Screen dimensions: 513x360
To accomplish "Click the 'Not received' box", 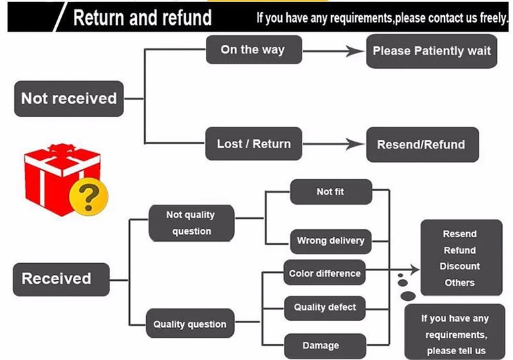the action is click(69, 99).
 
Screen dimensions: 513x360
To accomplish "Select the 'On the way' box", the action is click(254, 50).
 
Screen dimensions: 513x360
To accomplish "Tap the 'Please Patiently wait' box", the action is click(432, 51).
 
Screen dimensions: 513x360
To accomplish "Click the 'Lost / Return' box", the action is click(253, 144).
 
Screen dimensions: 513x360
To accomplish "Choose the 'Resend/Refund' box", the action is click(422, 145).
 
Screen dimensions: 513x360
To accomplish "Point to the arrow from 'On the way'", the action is click(333, 51).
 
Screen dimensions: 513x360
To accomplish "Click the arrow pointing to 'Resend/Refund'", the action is click(333, 144).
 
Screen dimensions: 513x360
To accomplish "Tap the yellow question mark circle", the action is click(89, 196).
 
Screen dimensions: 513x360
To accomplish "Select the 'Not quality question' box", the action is click(192, 223).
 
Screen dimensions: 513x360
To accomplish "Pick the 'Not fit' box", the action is click(331, 192).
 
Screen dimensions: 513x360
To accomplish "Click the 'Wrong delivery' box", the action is click(331, 241).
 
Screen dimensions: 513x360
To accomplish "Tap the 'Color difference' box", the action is click(325, 273).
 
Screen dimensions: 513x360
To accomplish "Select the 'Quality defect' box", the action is click(325, 308).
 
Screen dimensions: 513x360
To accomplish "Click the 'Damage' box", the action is click(325, 346).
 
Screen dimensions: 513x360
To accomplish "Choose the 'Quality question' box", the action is click(190, 324).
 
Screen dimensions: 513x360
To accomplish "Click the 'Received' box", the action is click(61, 279).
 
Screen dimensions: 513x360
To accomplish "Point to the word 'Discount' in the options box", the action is click(460, 266).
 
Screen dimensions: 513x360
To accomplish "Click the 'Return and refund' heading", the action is click(142, 18).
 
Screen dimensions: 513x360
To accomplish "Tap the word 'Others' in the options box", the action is click(460, 283).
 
